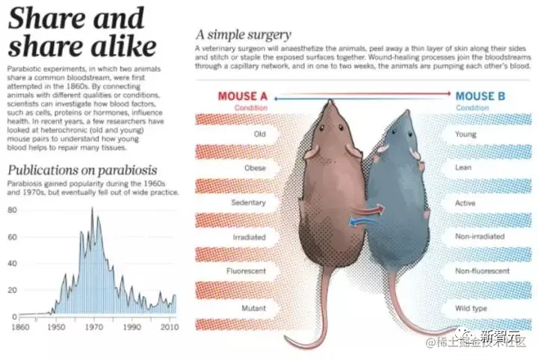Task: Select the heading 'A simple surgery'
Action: point(243,34)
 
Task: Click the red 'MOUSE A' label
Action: point(242,96)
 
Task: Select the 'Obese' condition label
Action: point(255,168)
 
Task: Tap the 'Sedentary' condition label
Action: point(249,202)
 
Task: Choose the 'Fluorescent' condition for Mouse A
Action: point(247,271)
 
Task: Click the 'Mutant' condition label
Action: point(253,307)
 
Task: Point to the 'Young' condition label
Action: point(466,134)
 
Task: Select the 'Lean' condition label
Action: point(463,168)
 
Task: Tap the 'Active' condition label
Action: point(465,203)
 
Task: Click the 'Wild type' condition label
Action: point(469,307)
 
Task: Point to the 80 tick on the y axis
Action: point(12,210)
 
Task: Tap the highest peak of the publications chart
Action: point(92,208)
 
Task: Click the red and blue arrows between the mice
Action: point(366,216)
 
